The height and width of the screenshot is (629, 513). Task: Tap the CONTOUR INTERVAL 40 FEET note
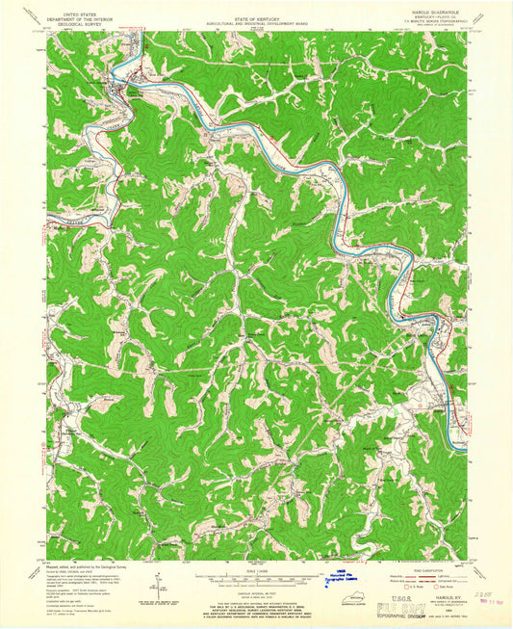(x=255, y=584)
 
